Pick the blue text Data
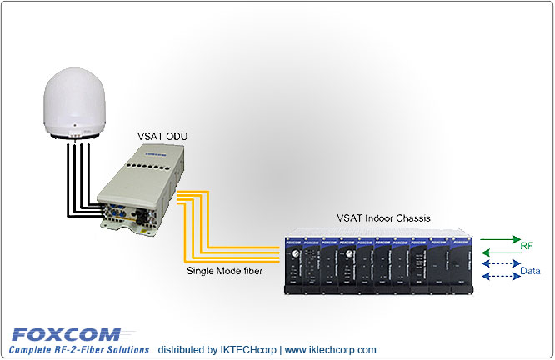pos(529,272)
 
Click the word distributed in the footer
pos(182,350)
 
